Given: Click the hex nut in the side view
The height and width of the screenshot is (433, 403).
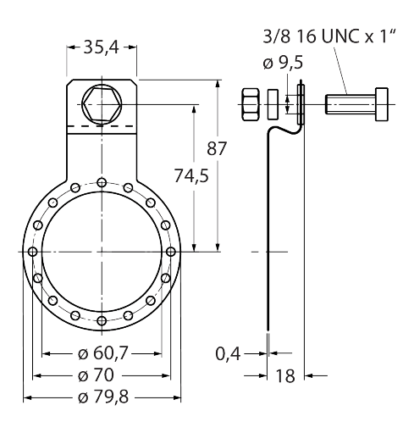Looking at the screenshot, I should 251,104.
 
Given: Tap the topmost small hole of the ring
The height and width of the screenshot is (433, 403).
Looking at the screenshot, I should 102,182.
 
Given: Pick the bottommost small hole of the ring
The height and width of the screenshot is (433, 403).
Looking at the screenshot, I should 102,320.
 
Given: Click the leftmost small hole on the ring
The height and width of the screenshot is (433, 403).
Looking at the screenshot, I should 32,252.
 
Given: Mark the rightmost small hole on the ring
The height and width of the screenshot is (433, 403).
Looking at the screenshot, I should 171,252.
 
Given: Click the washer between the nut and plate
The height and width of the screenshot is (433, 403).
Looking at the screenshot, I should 274,104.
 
